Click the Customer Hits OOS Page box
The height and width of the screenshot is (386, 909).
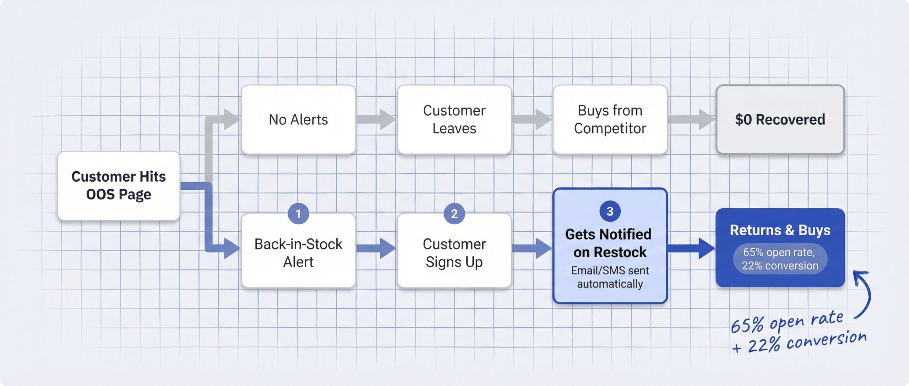[x=119, y=186]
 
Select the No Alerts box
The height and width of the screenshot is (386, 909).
[x=298, y=119]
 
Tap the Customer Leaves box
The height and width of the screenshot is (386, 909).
[x=454, y=119]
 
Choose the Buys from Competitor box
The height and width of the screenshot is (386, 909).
[x=610, y=119]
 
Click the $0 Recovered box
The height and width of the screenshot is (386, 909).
[x=780, y=119]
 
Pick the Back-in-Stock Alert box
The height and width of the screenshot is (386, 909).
[x=298, y=253]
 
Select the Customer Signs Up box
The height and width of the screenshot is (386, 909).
[x=454, y=253]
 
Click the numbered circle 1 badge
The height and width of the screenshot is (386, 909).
[x=298, y=214]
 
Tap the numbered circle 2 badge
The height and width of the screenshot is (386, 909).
[x=454, y=214]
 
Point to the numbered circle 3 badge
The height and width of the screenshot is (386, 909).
[x=610, y=211]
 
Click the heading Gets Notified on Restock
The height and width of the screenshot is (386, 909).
[x=609, y=243]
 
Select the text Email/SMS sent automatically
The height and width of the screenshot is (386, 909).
[x=610, y=277]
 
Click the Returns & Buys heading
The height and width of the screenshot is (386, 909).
[x=780, y=230]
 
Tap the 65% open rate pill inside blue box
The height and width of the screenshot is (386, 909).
[x=780, y=259]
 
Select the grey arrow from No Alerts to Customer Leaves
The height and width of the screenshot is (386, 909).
[x=376, y=119]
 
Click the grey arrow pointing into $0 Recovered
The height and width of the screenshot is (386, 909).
[x=691, y=119]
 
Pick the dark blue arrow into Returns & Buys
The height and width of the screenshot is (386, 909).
[x=691, y=248]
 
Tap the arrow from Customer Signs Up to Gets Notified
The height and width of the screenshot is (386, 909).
[x=532, y=248]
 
